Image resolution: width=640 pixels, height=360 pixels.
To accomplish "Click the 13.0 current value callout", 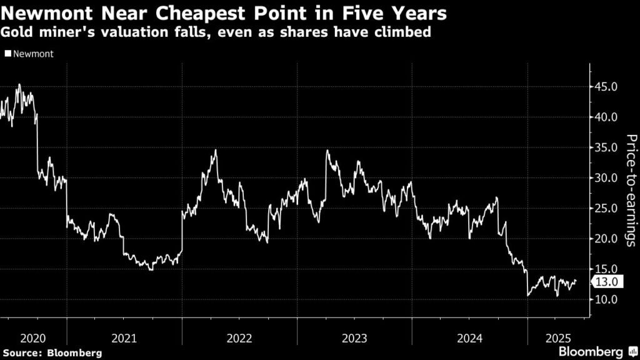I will coord(606,282).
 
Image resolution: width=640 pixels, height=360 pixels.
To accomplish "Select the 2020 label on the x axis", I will coord(33,338).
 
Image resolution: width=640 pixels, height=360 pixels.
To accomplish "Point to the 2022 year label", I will coord(239,338).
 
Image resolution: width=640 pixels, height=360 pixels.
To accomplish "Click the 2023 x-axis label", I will coord(354,338).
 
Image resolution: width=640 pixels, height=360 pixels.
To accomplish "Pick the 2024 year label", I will coord(469,338).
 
